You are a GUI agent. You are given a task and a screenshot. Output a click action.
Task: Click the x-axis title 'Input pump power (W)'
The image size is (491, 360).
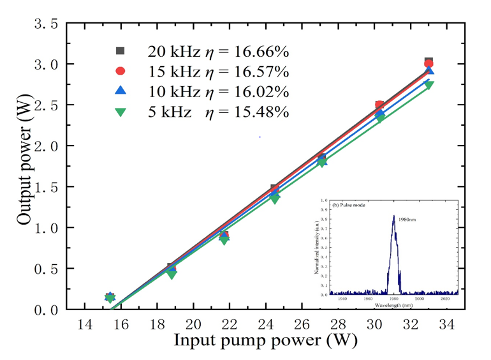[261, 340]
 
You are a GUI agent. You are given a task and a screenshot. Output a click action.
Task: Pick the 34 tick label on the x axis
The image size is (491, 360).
[448, 324]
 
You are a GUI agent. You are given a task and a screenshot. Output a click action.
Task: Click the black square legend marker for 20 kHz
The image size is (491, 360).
[120, 51]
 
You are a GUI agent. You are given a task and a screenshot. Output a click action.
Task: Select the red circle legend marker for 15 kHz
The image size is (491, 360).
[120, 71]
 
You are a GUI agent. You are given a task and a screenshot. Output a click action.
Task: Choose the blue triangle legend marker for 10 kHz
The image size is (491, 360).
[120, 91]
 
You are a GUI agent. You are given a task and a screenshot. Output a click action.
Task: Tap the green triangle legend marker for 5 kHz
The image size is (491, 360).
[120, 111]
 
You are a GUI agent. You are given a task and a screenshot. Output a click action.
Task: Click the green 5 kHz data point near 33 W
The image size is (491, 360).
[429, 85]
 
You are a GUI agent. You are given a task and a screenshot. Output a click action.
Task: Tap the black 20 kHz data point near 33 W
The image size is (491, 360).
[429, 61]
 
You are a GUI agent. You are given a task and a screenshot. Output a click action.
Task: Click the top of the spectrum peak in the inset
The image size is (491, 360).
[394, 216]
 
